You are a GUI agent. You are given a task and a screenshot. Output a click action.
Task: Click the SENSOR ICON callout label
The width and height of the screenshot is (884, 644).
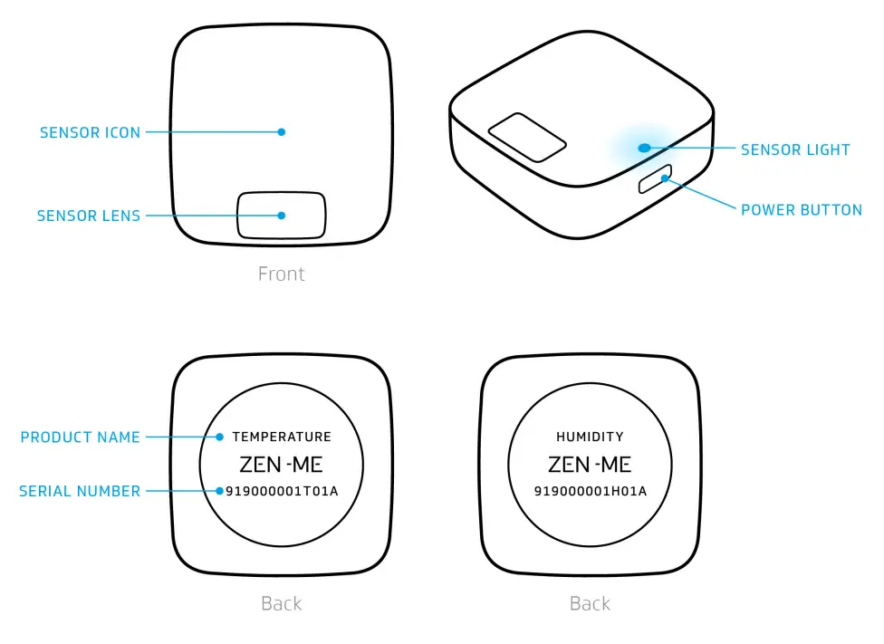tap(90, 132)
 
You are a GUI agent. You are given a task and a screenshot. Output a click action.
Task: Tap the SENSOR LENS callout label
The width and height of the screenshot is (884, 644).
tap(89, 216)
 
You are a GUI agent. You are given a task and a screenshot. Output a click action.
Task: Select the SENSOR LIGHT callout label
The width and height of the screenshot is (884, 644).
tap(795, 149)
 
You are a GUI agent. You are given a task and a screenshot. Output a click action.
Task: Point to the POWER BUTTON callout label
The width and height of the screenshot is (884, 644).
tap(801, 210)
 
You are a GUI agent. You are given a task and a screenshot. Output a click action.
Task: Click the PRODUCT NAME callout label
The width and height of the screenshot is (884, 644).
tap(80, 437)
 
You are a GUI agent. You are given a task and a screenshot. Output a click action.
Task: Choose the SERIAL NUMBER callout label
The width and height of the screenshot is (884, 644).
tap(80, 492)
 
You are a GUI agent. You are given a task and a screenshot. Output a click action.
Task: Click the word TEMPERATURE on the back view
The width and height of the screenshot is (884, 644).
tap(282, 437)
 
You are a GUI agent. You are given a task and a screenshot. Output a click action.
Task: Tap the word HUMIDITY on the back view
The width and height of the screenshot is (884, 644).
tap(590, 437)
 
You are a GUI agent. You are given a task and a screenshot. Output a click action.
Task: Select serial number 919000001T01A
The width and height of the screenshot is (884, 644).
tap(282, 492)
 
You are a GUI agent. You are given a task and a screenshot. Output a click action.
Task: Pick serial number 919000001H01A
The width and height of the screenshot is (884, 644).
tap(590, 492)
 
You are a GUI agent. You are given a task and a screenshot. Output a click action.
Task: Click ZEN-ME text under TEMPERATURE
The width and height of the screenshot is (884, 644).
tap(281, 465)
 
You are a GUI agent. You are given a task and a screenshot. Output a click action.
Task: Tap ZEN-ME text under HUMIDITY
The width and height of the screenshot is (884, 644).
tap(590, 465)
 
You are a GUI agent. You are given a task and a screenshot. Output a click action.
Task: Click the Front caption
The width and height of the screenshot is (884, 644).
tap(281, 274)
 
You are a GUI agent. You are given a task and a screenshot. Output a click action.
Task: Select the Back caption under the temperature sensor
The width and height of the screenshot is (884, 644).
tap(281, 603)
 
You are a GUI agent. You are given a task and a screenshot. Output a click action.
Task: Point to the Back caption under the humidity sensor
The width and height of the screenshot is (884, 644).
tap(590, 603)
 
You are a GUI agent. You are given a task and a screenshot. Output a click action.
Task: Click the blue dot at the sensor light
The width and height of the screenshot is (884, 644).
tap(643, 147)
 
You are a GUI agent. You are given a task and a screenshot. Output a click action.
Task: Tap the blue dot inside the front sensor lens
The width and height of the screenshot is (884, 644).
tap(282, 216)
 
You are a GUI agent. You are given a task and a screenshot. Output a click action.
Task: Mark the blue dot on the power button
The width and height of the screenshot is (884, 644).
tap(665, 178)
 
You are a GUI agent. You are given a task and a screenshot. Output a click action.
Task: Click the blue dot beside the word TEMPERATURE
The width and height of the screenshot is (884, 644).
tap(219, 437)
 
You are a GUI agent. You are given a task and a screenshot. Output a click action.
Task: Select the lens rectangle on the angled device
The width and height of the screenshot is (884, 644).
tap(527, 138)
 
